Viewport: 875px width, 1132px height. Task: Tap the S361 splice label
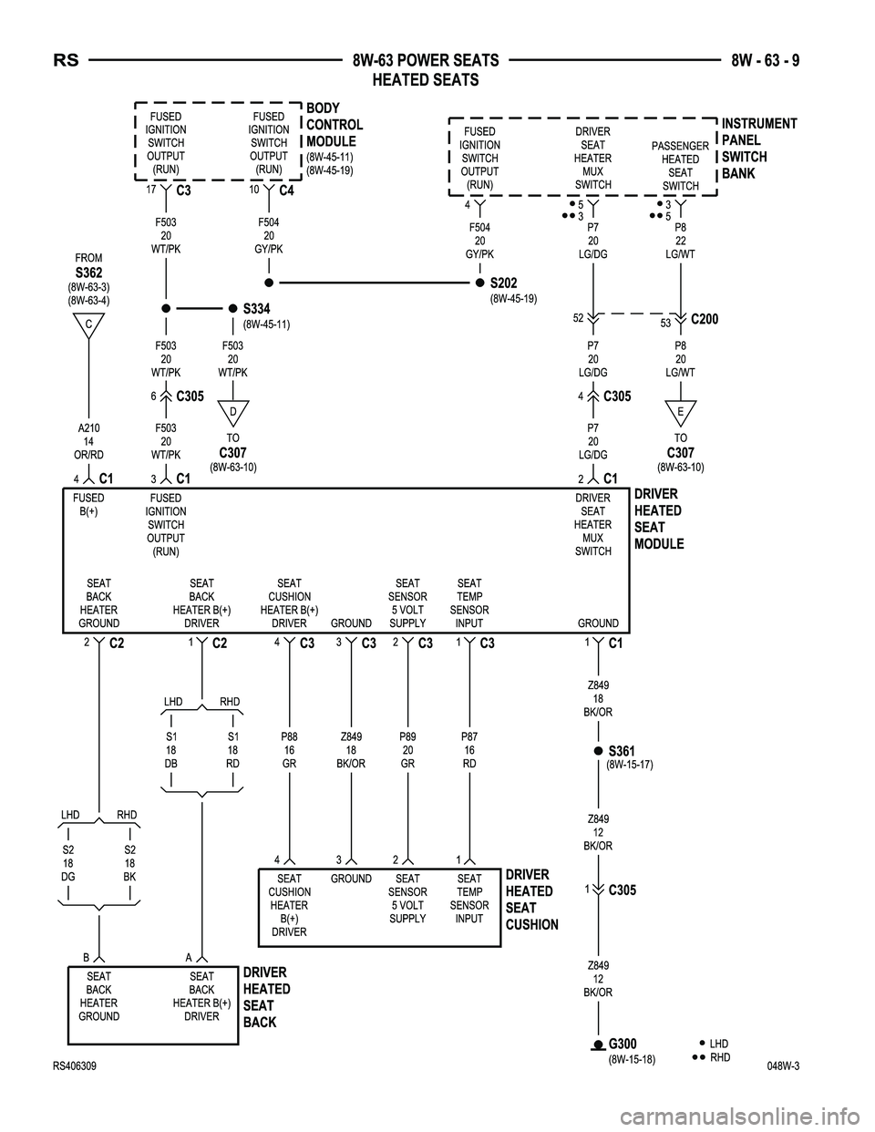pos(622,751)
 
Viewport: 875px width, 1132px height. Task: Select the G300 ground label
pos(623,1044)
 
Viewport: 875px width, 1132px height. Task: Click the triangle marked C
pos(88,324)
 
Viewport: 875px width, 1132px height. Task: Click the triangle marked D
pos(233,411)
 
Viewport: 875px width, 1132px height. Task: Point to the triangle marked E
pos(680,411)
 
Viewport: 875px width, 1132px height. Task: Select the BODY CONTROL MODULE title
pos(335,126)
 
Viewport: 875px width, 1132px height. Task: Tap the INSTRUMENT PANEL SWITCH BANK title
pos(758,149)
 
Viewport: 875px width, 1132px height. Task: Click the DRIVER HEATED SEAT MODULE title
pos(658,519)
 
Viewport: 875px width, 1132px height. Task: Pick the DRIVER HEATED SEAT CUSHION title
pos(531,900)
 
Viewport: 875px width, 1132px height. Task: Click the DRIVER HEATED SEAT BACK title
pos(267,997)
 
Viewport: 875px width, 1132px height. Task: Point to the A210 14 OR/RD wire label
pos(88,441)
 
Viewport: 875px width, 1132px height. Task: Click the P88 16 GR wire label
pos(289,750)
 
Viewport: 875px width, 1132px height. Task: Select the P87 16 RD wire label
pos(469,750)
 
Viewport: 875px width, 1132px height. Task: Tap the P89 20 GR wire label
pos(407,750)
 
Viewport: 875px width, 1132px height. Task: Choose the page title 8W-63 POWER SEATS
pos(426,61)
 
